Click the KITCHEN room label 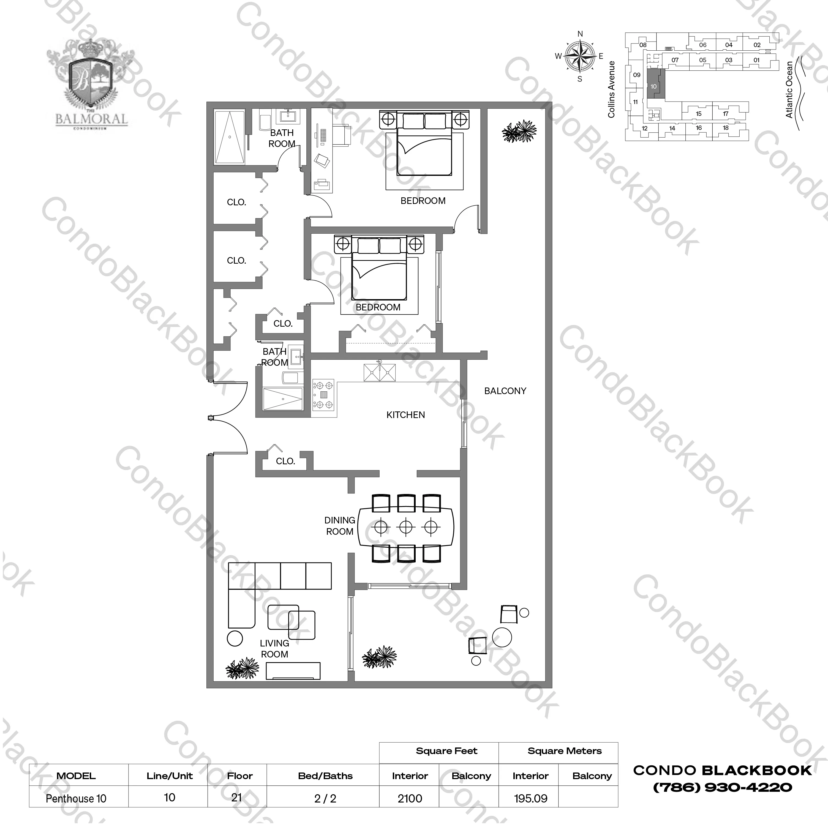coord(405,415)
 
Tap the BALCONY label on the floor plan coord(505,391)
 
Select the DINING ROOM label coord(339,526)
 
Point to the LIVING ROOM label coord(274,649)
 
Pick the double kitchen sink coord(379,372)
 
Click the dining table coord(406,527)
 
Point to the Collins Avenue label coord(611,89)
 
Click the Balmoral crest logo coord(92,88)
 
